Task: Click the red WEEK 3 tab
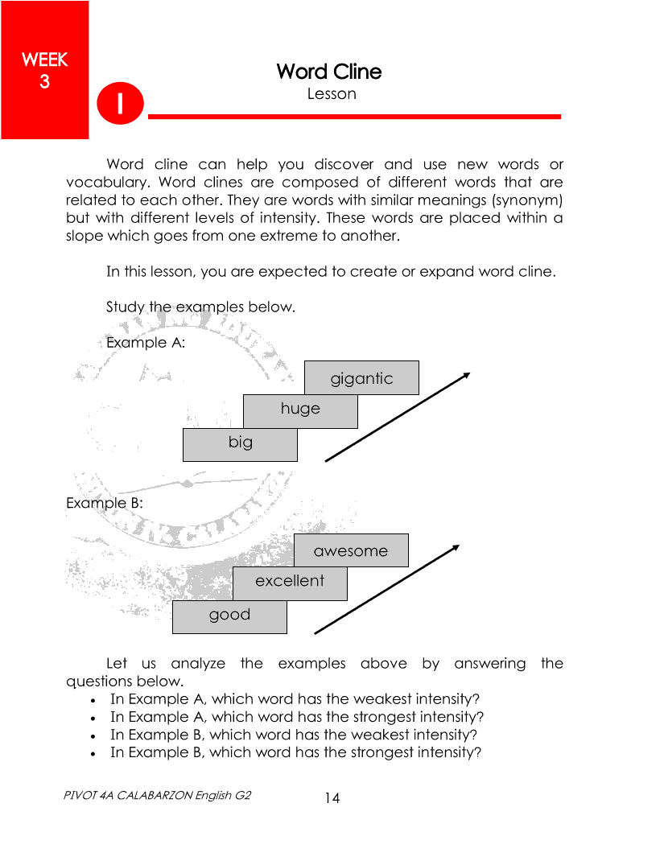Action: pyautogui.click(x=44, y=70)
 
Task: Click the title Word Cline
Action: pyautogui.click(x=328, y=72)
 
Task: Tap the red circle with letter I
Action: pyautogui.click(x=120, y=104)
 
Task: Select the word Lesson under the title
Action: pyautogui.click(x=331, y=94)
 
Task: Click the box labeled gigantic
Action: pyautogui.click(x=361, y=377)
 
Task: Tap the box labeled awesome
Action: pyautogui.click(x=351, y=550)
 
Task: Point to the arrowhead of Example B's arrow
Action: pyautogui.click(x=456, y=547)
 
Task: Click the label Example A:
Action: pyautogui.click(x=146, y=342)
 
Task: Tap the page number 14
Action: pyautogui.click(x=332, y=797)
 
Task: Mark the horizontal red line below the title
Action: pyautogui.click(x=354, y=117)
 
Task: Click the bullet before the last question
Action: pyautogui.click(x=95, y=754)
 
